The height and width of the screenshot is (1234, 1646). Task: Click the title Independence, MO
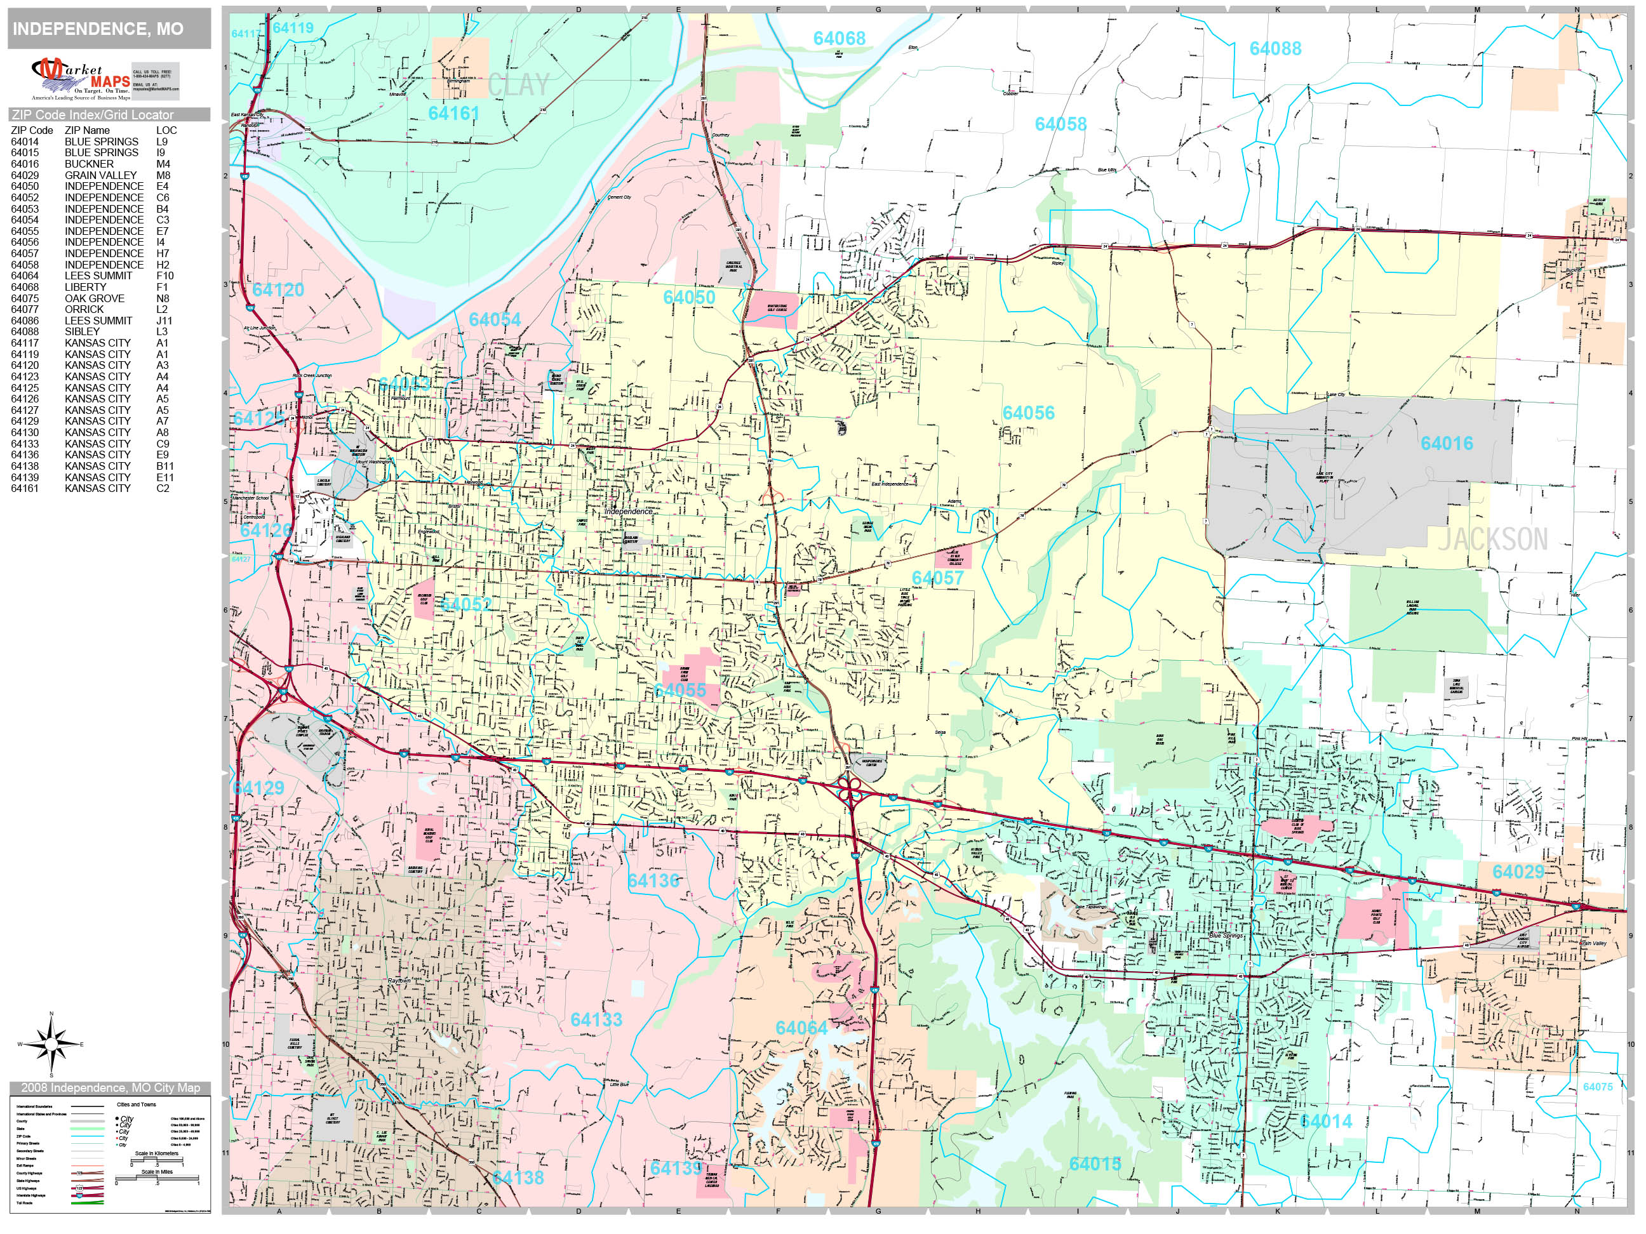(x=98, y=29)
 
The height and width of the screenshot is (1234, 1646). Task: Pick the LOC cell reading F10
(x=164, y=276)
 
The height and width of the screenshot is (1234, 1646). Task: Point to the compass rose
(x=51, y=1044)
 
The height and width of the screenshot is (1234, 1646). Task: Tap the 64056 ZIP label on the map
(x=1028, y=413)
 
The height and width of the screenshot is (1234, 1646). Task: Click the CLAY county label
(x=519, y=85)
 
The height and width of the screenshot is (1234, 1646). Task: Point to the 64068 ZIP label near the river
(x=839, y=39)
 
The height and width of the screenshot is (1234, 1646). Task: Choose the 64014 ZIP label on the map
(x=1326, y=1121)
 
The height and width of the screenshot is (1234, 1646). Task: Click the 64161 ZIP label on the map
(x=453, y=114)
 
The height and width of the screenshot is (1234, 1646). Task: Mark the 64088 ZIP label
(x=1275, y=49)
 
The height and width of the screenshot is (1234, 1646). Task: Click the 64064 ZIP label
(x=801, y=1028)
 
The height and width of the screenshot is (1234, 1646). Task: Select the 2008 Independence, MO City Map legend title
(x=110, y=1088)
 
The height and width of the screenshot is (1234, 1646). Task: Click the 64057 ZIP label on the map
(x=937, y=578)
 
